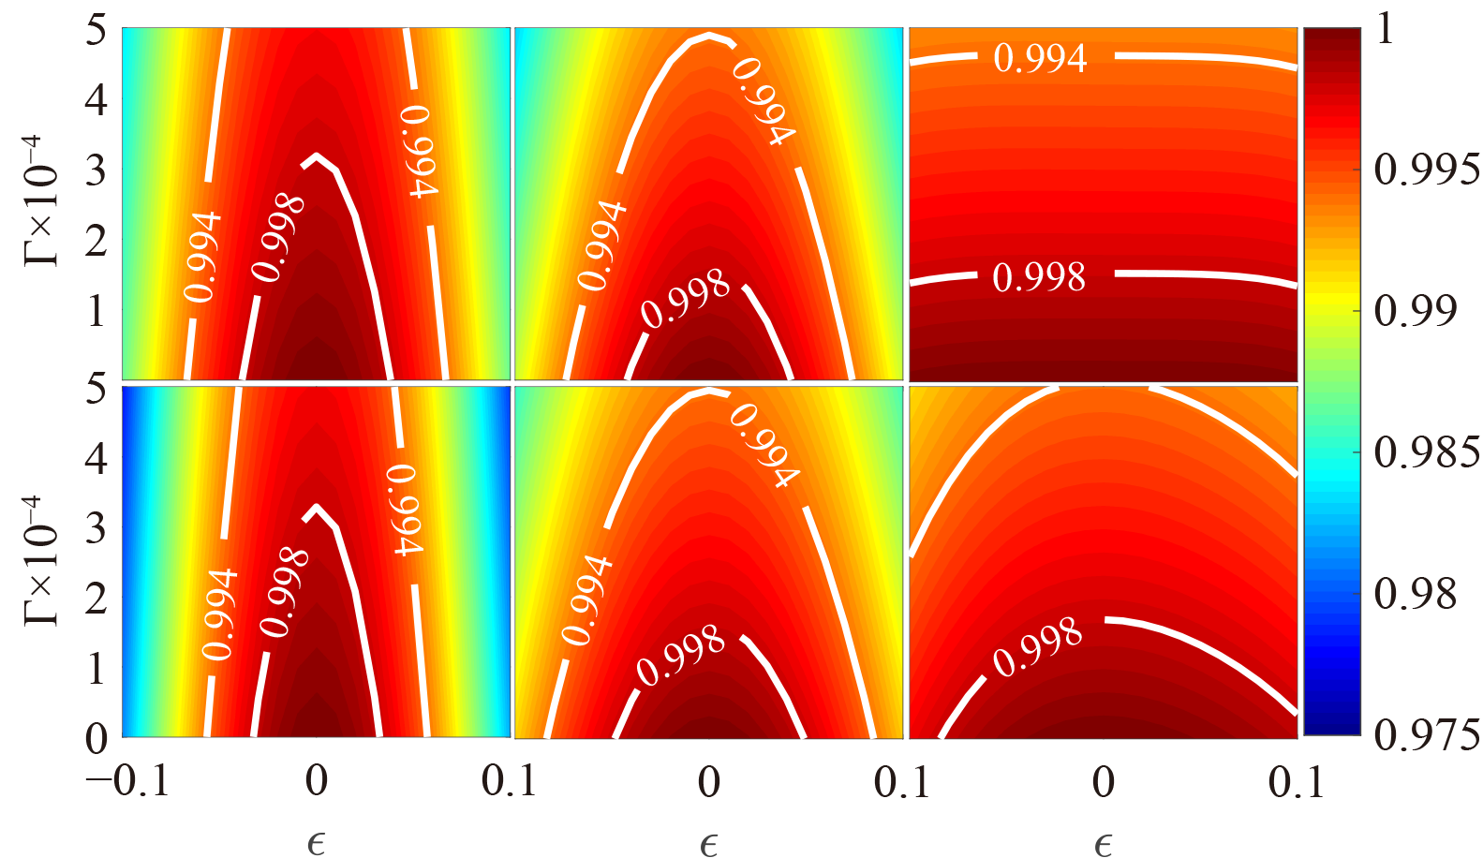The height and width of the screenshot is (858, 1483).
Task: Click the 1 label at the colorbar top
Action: [x=1385, y=30]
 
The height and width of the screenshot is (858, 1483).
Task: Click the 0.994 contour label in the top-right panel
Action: [x=1040, y=58]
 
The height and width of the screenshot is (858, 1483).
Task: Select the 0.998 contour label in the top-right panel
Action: [x=1039, y=277]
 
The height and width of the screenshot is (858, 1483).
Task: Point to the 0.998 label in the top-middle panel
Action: [x=686, y=300]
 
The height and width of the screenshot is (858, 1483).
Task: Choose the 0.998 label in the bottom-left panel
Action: [x=284, y=593]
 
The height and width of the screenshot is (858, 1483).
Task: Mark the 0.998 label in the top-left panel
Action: [x=278, y=238]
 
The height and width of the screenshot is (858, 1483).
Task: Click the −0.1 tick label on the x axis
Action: [x=128, y=780]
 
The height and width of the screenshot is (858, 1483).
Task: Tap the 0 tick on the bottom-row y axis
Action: [x=96, y=739]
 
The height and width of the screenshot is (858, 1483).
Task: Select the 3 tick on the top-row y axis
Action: [x=96, y=170]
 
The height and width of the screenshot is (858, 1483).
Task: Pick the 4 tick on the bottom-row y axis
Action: [x=96, y=458]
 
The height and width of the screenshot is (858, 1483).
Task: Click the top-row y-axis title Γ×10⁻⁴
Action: [x=42, y=200]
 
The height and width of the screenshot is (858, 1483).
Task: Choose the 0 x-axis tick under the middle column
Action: [x=709, y=780]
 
